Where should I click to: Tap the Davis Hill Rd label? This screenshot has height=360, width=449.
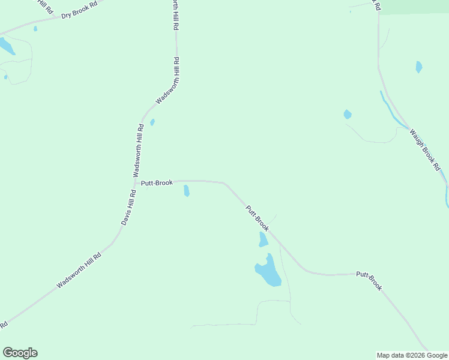click(x=128, y=208)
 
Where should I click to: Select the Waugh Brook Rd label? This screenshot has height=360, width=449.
click(x=425, y=150)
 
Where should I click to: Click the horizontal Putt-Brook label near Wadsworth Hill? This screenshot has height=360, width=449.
click(x=157, y=182)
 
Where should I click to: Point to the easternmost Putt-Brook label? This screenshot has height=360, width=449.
click(x=369, y=281)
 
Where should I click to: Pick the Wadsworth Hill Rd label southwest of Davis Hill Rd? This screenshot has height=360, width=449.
click(x=79, y=270)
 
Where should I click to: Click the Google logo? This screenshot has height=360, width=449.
click(x=20, y=353)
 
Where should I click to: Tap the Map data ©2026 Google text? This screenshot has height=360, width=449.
click(x=412, y=355)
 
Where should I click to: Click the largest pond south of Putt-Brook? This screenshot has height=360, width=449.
click(x=268, y=272)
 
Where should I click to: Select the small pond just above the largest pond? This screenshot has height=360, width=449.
click(x=263, y=240)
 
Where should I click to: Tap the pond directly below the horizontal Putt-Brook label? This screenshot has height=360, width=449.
click(x=187, y=191)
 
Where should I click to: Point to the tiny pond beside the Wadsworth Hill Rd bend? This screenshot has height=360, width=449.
click(x=152, y=122)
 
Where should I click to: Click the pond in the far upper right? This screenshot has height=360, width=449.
click(x=419, y=67)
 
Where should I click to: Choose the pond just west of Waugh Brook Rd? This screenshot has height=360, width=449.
click(x=347, y=114)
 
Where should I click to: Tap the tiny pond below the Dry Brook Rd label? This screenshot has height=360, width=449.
click(x=35, y=28)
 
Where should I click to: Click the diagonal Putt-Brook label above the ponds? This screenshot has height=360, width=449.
click(x=257, y=218)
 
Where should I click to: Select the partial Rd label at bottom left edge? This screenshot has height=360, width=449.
click(x=3, y=325)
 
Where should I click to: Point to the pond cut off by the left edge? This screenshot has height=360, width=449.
click(x=5, y=46)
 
